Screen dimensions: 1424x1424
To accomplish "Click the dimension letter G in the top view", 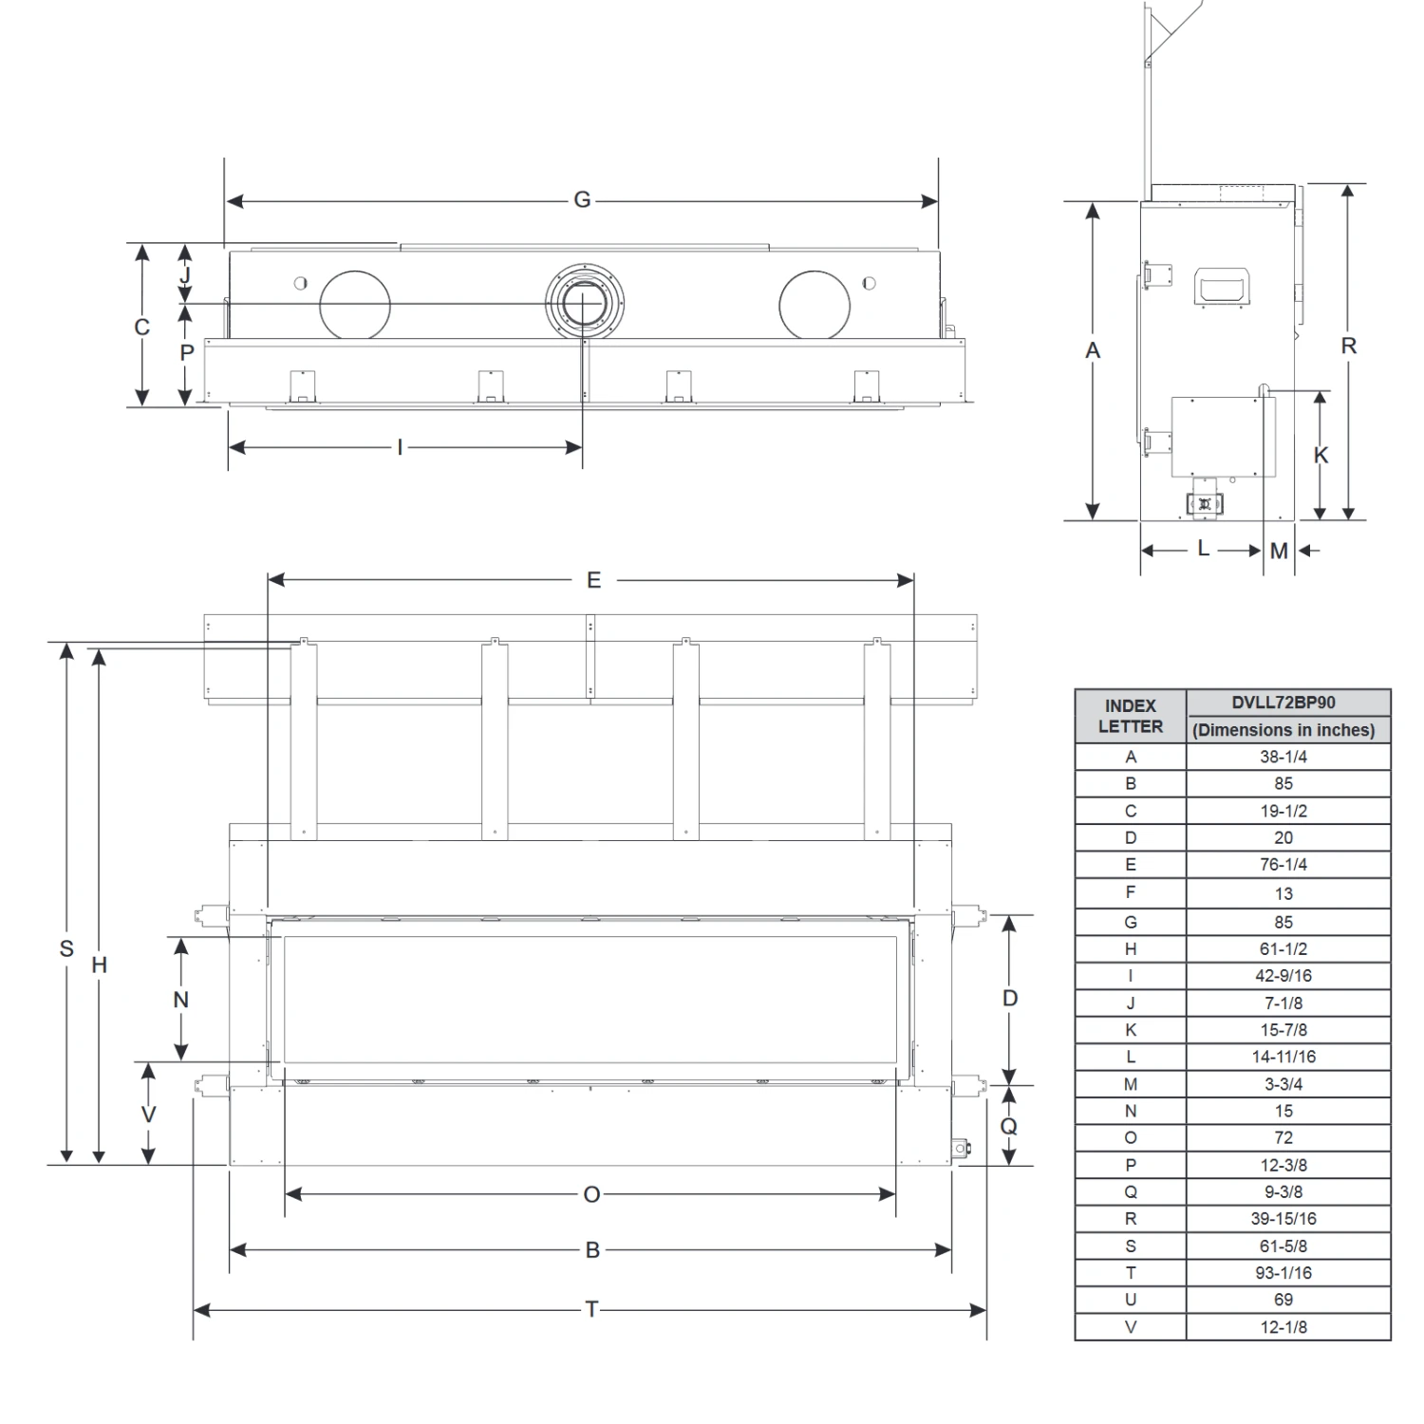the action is [582, 200].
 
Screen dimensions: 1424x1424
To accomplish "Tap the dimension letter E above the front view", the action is [593, 580].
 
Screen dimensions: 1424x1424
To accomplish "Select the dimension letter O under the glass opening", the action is [591, 1194].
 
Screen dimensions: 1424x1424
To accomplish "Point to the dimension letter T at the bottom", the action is [591, 1310].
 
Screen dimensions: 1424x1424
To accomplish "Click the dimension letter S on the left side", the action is [66, 948].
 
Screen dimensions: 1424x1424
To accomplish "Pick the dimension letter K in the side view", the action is [1321, 456].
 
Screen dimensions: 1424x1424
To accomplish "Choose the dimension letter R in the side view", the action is [1348, 347].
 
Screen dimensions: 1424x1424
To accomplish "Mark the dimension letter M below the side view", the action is [1279, 551].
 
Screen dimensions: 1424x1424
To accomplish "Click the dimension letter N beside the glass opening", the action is [180, 1000].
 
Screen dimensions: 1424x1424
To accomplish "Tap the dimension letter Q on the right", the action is [1009, 1126].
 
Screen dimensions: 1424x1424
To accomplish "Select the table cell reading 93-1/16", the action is [1283, 1273].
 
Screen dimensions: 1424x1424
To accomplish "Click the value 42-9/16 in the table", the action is [1283, 976].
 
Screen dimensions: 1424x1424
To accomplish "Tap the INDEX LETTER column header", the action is [1131, 716].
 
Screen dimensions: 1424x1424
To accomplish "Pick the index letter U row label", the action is [1131, 1300].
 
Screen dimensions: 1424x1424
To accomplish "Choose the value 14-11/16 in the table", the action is [1283, 1057].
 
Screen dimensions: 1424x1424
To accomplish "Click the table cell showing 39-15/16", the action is [1283, 1219].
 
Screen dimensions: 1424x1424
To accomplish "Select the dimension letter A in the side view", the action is [1093, 351].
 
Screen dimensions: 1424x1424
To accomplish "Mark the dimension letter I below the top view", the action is [400, 447].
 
